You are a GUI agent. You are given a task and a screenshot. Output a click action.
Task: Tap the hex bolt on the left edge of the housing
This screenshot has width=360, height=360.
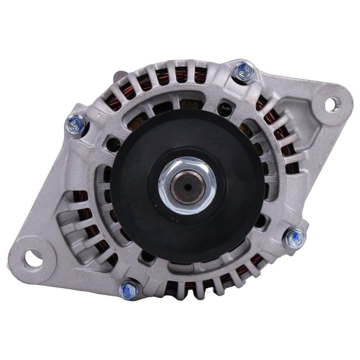74,123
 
